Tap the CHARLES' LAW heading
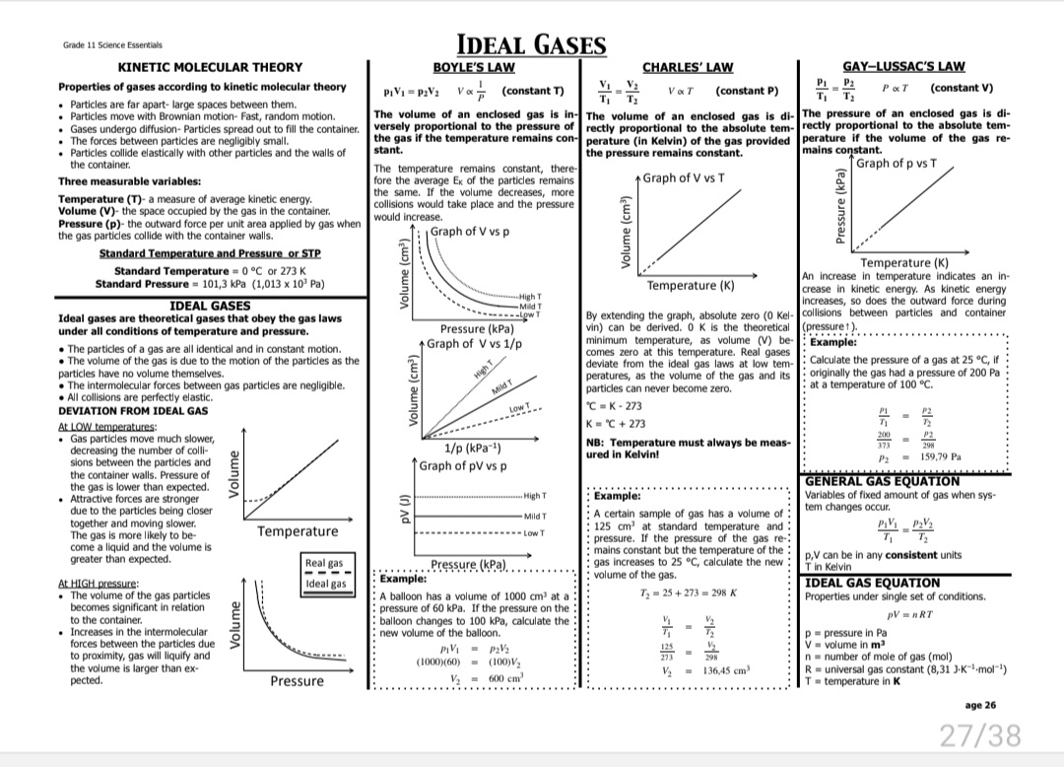click(x=688, y=67)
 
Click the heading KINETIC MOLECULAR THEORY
click(x=211, y=67)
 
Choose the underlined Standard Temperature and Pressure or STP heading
click(x=212, y=253)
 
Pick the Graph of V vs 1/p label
click(x=480, y=344)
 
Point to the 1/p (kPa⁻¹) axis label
click(x=478, y=449)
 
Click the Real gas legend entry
click(x=324, y=563)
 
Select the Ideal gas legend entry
click(x=324, y=584)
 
